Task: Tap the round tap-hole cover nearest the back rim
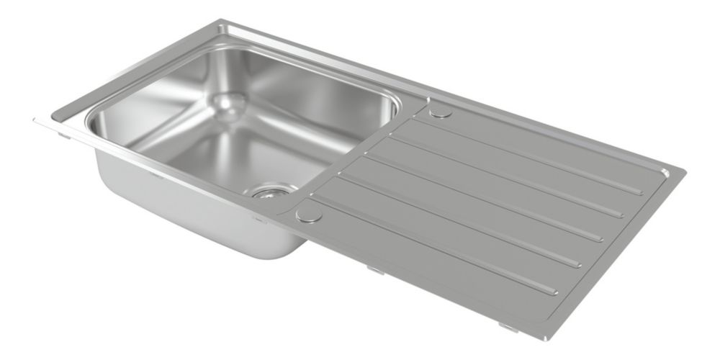440,111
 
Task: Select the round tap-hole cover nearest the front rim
309,212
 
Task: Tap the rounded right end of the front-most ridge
553,292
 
